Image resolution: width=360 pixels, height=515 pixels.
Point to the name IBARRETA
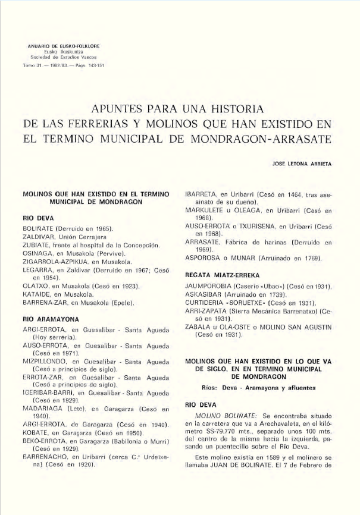coord(202,194)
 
